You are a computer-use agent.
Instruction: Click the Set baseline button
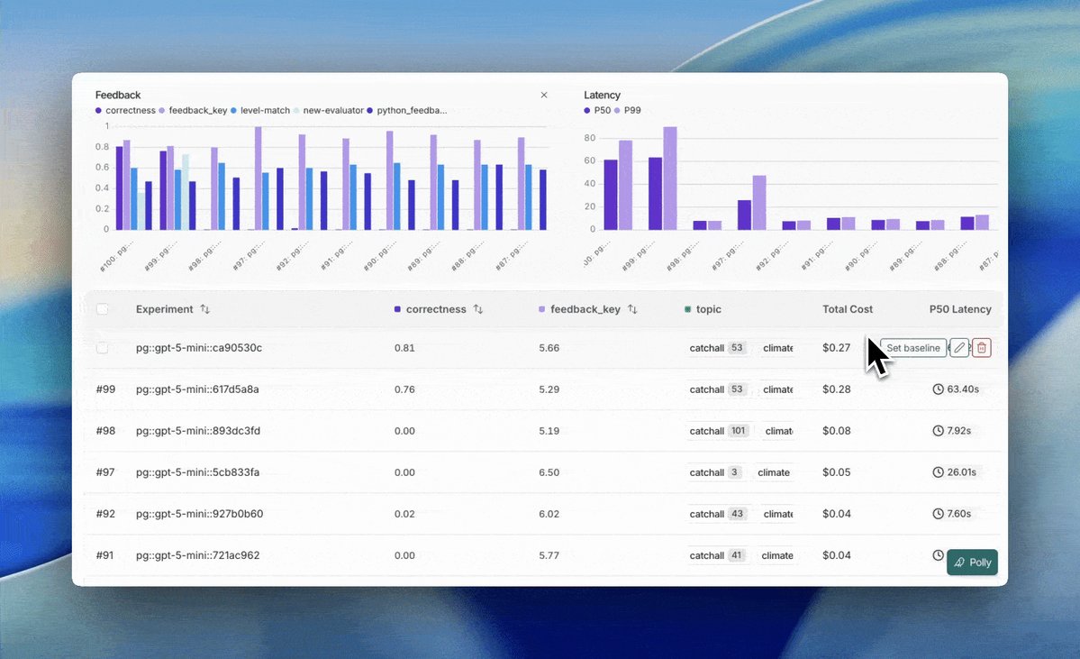(x=913, y=348)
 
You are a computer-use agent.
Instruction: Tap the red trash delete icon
(x=982, y=348)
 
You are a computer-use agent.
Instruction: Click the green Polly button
(x=972, y=563)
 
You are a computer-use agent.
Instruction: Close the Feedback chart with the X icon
(x=543, y=95)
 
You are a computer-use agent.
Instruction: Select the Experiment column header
(x=165, y=309)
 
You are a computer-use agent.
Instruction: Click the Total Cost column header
(x=847, y=309)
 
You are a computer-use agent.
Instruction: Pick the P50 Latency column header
(x=960, y=309)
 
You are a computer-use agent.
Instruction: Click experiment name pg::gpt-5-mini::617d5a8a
(x=197, y=389)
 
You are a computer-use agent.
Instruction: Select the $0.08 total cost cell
(x=836, y=431)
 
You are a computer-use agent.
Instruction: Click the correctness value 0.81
(x=404, y=348)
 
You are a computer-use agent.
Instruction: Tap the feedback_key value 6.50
(x=549, y=472)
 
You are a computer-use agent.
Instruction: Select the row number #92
(x=105, y=514)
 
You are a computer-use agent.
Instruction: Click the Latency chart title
(x=602, y=95)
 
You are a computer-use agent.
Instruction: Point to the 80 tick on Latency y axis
(x=590, y=138)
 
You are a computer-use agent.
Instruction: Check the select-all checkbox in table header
(x=103, y=309)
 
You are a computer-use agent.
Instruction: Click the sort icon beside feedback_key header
(x=632, y=309)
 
